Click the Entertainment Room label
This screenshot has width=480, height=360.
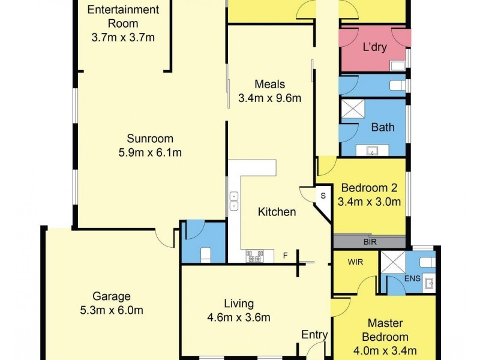[x=123, y=17]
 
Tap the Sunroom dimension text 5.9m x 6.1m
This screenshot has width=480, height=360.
[x=150, y=152]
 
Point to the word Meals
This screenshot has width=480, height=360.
[x=269, y=85]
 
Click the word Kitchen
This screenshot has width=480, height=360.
[x=277, y=212]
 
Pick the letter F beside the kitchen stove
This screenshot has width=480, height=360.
[x=286, y=256]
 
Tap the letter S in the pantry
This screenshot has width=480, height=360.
[x=322, y=196]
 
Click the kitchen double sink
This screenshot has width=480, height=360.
[x=233, y=201]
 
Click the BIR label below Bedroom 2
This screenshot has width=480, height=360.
[x=370, y=242]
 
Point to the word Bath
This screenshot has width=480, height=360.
[x=383, y=127]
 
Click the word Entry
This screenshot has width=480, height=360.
[x=314, y=335]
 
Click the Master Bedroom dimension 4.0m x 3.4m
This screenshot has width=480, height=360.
[x=388, y=351]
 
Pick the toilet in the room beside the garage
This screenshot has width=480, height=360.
[x=203, y=254]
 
